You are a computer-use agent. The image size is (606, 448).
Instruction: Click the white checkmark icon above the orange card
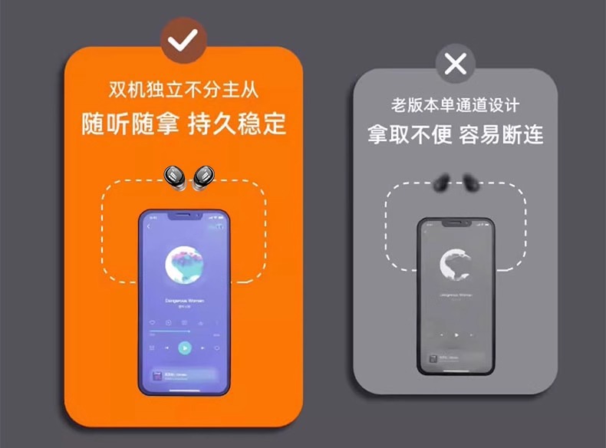(182, 41)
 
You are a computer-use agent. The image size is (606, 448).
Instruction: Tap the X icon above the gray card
(455, 64)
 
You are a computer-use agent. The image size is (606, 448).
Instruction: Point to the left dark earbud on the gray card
(442, 183)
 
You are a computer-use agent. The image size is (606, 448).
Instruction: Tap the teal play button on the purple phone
(184, 348)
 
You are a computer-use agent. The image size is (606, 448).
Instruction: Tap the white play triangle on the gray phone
(456, 334)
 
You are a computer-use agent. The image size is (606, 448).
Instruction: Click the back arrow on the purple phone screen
(149, 227)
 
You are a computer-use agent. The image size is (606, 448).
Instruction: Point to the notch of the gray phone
(456, 223)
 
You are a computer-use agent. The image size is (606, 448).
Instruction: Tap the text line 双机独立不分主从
(183, 91)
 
